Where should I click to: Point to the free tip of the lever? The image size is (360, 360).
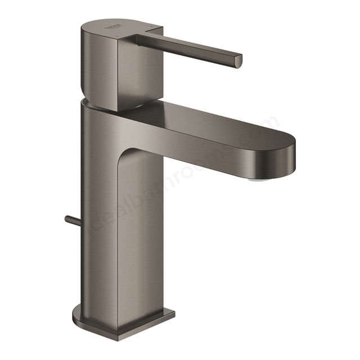[238, 59]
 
